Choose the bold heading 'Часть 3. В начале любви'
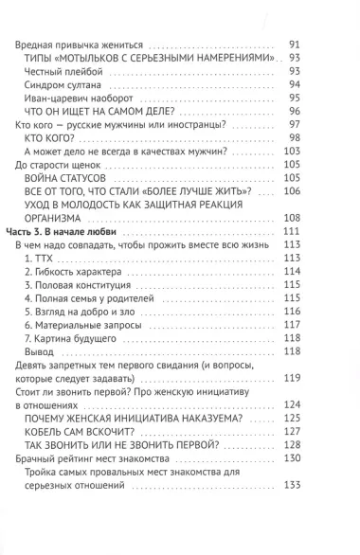pyautogui.click(x=72, y=231)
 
